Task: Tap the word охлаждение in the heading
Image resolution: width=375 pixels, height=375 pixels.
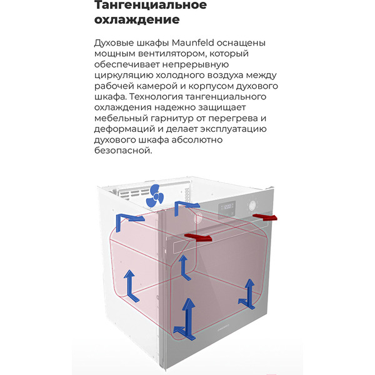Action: tap(136, 20)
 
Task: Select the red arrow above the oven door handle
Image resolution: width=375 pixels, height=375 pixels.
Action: tap(199, 237)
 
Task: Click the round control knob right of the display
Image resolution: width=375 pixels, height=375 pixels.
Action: tap(252, 205)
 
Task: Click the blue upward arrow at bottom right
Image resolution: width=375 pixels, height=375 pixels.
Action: tap(249, 292)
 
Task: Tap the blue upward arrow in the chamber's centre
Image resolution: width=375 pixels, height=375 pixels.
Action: tap(184, 266)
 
